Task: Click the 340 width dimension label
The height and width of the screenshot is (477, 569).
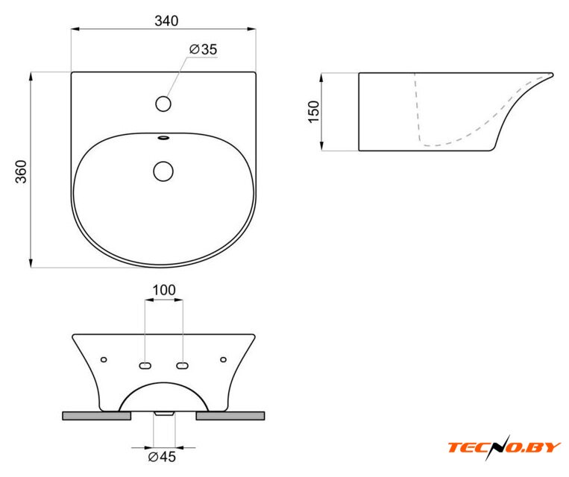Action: (x=166, y=21)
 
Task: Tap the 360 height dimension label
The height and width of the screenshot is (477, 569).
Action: (x=21, y=171)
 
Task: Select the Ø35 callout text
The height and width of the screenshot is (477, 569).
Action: (x=203, y=49)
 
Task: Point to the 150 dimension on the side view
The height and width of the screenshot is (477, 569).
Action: (x=313, y=112)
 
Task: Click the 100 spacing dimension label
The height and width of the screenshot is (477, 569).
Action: (x=164, y=290)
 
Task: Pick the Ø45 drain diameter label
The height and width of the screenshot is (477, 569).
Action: (x=162, y=457)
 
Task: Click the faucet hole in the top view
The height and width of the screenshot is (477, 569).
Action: (x=163, y=104)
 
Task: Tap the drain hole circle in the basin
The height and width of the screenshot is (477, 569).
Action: (x=163, y=171)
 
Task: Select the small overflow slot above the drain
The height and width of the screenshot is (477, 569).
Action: (x=163, y=137)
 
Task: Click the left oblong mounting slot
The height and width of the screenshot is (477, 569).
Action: (x=145, y=366)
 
